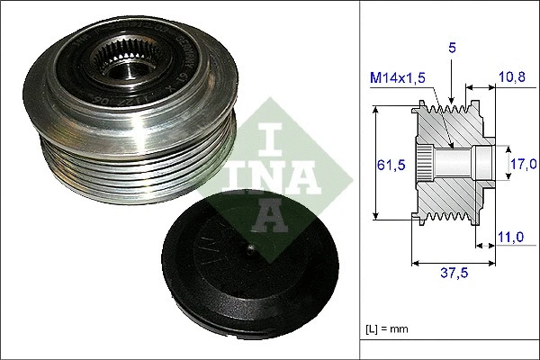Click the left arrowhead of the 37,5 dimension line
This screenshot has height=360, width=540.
pos(414,264)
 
